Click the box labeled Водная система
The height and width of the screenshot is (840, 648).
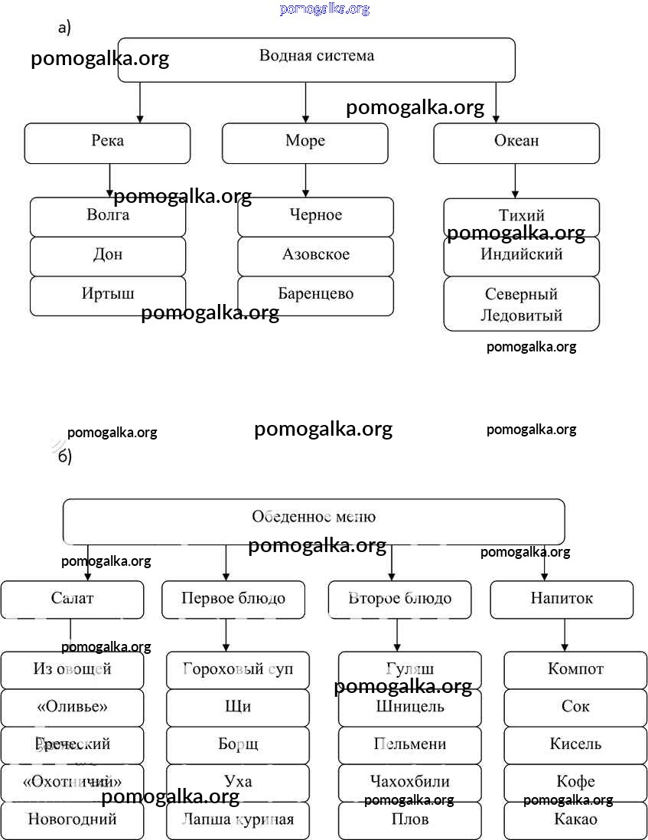click(316, 60)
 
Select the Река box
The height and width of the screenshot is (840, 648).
click(107, 143)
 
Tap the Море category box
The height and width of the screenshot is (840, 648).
click(304, 143)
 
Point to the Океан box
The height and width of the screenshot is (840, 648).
click(516, 143)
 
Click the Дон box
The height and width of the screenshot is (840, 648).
click(108, 256)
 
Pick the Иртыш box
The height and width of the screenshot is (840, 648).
click(108, 296)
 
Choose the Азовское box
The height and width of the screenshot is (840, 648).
click(315, 256)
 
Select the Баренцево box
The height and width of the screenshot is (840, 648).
click(315, 296)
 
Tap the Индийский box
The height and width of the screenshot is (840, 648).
click(521, 256)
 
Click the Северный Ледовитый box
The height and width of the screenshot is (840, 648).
click(521, 304)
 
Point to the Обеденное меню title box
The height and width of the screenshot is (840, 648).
click(314, 521)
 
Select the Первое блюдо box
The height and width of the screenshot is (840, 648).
click(233, 600)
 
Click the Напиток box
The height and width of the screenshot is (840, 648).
click(562, 600)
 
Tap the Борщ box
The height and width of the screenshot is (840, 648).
click(238, 744)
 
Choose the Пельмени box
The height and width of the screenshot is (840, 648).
click(410, 744)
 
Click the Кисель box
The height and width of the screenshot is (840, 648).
click(575, 744)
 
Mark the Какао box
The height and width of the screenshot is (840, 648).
click(575, 819)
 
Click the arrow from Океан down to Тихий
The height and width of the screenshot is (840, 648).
click(515, 181)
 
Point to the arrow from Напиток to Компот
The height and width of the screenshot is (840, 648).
click(565, 635)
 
